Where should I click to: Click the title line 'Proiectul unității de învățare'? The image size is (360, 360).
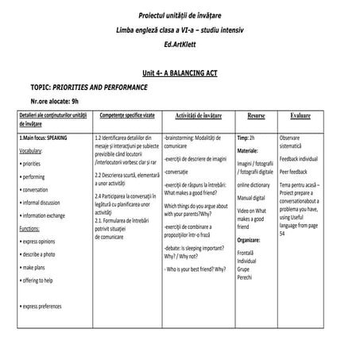point(180,15)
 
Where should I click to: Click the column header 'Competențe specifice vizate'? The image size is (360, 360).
point(124,116)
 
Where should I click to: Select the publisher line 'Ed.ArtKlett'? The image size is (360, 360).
point(180,43)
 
